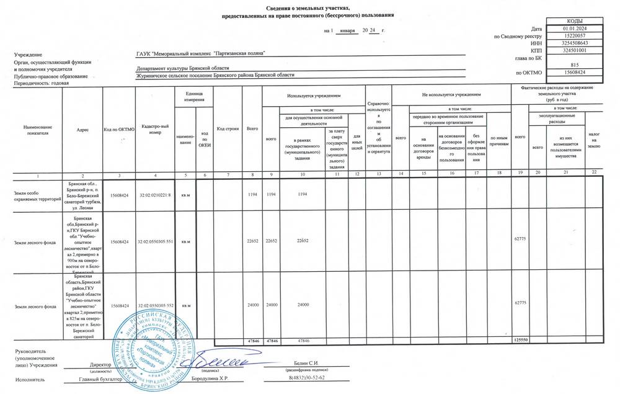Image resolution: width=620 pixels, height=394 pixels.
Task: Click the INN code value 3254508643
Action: (x=574, y=43)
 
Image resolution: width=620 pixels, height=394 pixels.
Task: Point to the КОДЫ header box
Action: (x=574, y=21)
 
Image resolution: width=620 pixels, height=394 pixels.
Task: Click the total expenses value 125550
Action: (x=520, y=341)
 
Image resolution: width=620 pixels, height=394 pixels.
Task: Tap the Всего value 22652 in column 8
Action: (x=252, y=241)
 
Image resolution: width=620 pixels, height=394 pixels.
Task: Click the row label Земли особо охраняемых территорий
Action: (x=37, y=197)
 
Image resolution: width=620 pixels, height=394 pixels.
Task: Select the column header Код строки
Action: (x=228, y=128)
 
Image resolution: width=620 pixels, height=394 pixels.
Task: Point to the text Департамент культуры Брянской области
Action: (x=184, y=68)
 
